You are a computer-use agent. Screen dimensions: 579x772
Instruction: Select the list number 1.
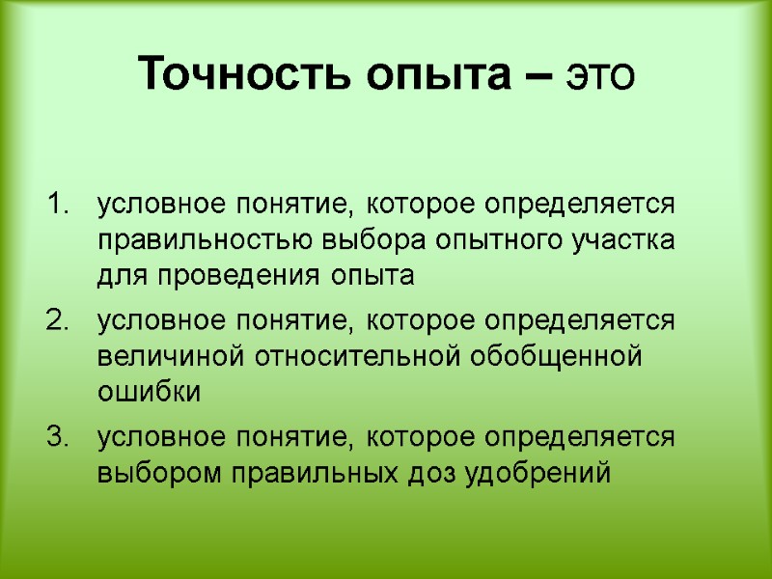tap(58, 206)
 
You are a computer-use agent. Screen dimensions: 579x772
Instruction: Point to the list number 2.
tap(58, 320)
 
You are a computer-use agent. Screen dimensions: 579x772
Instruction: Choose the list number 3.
tap(58, 436)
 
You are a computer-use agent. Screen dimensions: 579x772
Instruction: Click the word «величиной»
tap(172, 356)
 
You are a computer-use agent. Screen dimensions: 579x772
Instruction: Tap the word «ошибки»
tap(148, 393)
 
